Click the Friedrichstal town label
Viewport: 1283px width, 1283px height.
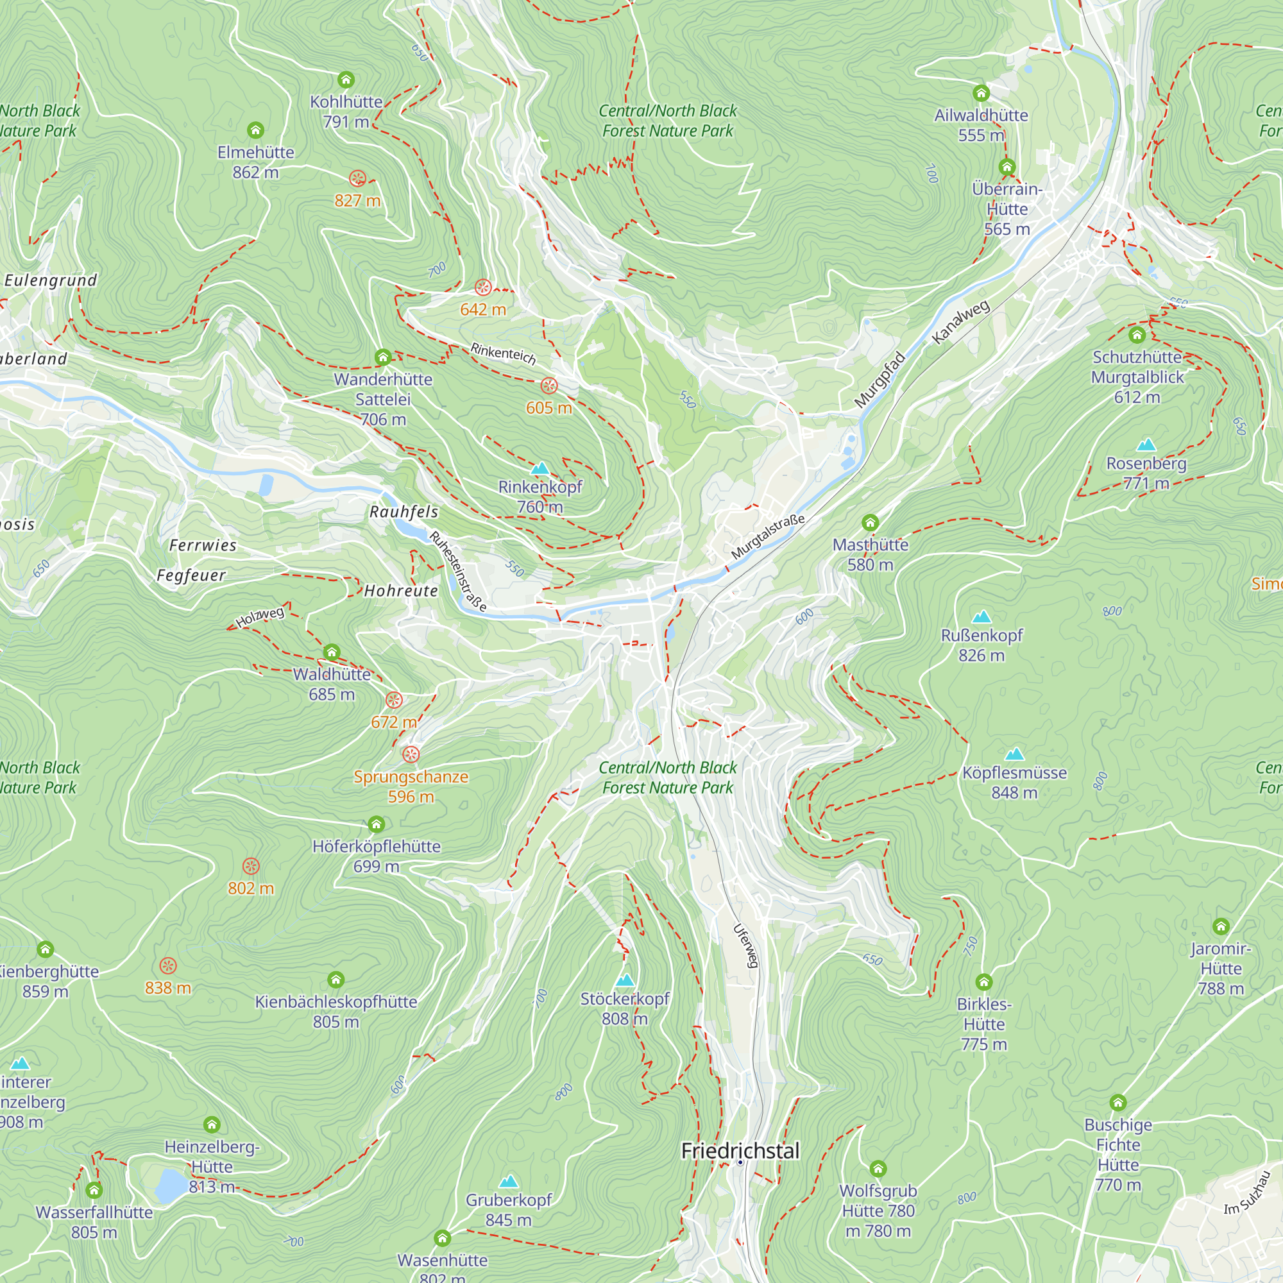coord(740,1151)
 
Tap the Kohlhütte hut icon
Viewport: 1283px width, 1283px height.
coord(345,80)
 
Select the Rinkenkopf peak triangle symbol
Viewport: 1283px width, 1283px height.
coord(540,469)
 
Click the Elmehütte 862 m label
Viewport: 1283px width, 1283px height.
coord(256,162)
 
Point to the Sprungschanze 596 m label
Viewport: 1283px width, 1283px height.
coord(411,786)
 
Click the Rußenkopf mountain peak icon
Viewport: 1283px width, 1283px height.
coord(981,617)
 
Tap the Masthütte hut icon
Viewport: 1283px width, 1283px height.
coord(870,523)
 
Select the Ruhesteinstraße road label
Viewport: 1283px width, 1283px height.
coord(458,570)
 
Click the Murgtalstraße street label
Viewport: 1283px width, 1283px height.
coord(768,536)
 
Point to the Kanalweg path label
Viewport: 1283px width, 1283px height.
coord(960,322)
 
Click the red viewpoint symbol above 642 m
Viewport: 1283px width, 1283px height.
coord(483,287)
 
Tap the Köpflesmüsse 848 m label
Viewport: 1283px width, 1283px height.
coord(1014,782)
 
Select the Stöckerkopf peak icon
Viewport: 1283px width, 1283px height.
coord(625,980)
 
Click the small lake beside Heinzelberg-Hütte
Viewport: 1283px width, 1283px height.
coord(172,1185)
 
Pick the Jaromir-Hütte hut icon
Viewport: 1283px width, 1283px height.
coord(1221,926)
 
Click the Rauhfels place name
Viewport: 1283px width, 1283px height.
coord(404,511)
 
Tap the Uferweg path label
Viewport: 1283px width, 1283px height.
coord(746,946)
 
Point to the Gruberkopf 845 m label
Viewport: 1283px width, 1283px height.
coord(508,1209)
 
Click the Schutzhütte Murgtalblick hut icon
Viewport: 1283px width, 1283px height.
coord(1137,335)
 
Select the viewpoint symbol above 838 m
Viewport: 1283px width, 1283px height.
coord(168,965)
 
